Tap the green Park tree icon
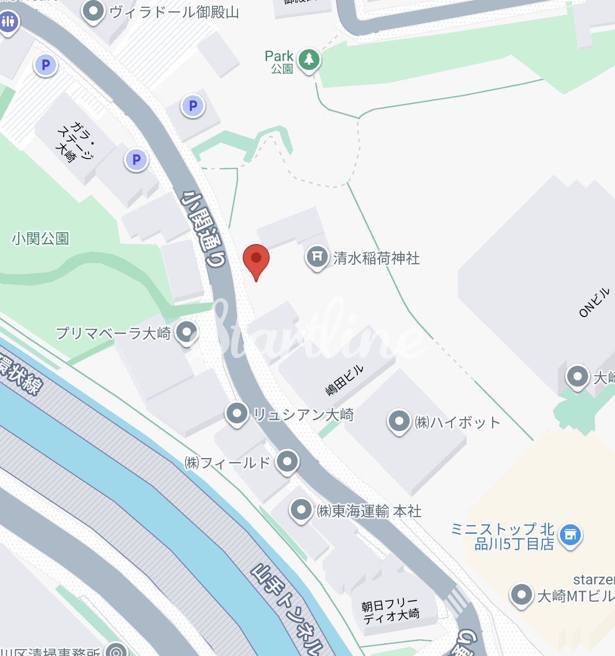(x=309, y=60)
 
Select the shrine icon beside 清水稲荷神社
(x=317, y=256)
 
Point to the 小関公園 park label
(x=40, y=238)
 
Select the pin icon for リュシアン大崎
(x=237, y=413)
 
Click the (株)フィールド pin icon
(x=287, y=461)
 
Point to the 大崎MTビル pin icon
(x=521, y=594)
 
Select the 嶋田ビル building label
(x=344, y=380)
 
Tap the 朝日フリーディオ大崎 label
(x=390, y=610)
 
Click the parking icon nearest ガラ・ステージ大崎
(x=136, y=160)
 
